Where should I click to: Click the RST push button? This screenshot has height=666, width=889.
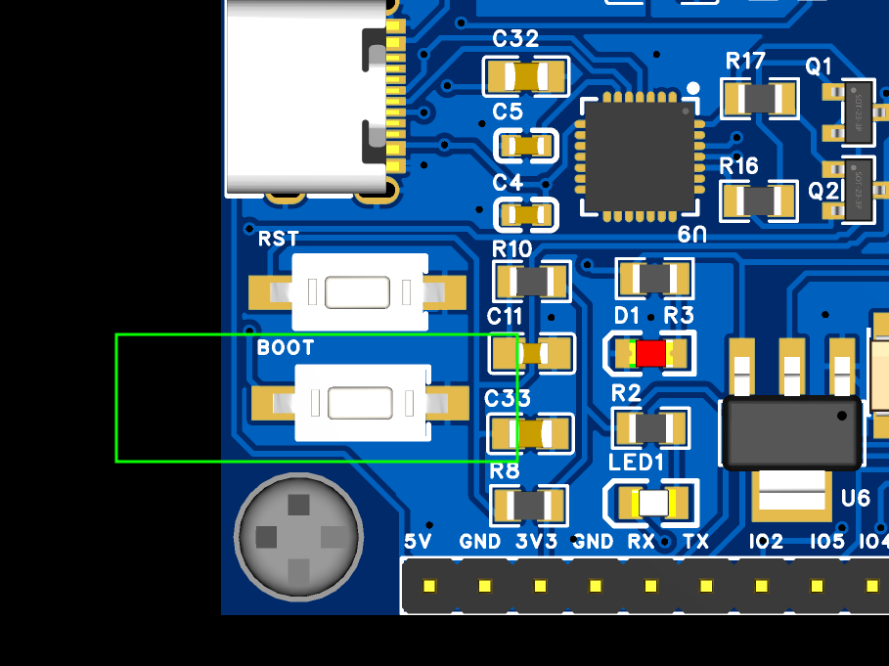pos(360,291)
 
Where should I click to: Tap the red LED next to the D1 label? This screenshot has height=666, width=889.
pos(650,353)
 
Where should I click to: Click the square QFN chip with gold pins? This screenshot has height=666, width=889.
pos(640,157)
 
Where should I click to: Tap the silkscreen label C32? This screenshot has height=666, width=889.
pos(515,39)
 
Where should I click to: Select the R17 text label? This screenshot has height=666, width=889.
pos(745,62)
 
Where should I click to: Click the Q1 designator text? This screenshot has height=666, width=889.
pos(819,67)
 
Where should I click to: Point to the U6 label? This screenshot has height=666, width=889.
pos(855,499)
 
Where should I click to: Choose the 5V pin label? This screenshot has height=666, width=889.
pos(418,541)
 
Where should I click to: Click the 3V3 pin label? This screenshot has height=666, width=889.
pos(537,541)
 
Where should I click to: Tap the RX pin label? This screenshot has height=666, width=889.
pos(641,541)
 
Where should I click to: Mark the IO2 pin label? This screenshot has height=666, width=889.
pos(766,541)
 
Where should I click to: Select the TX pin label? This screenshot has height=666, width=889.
pos(695,541)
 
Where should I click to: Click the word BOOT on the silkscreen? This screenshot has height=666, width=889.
pos(286,348)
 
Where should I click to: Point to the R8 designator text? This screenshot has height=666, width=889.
pos(505,471)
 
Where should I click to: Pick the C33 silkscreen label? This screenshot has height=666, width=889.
pos(508,399)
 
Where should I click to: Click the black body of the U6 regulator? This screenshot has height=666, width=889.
pos(790,431)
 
